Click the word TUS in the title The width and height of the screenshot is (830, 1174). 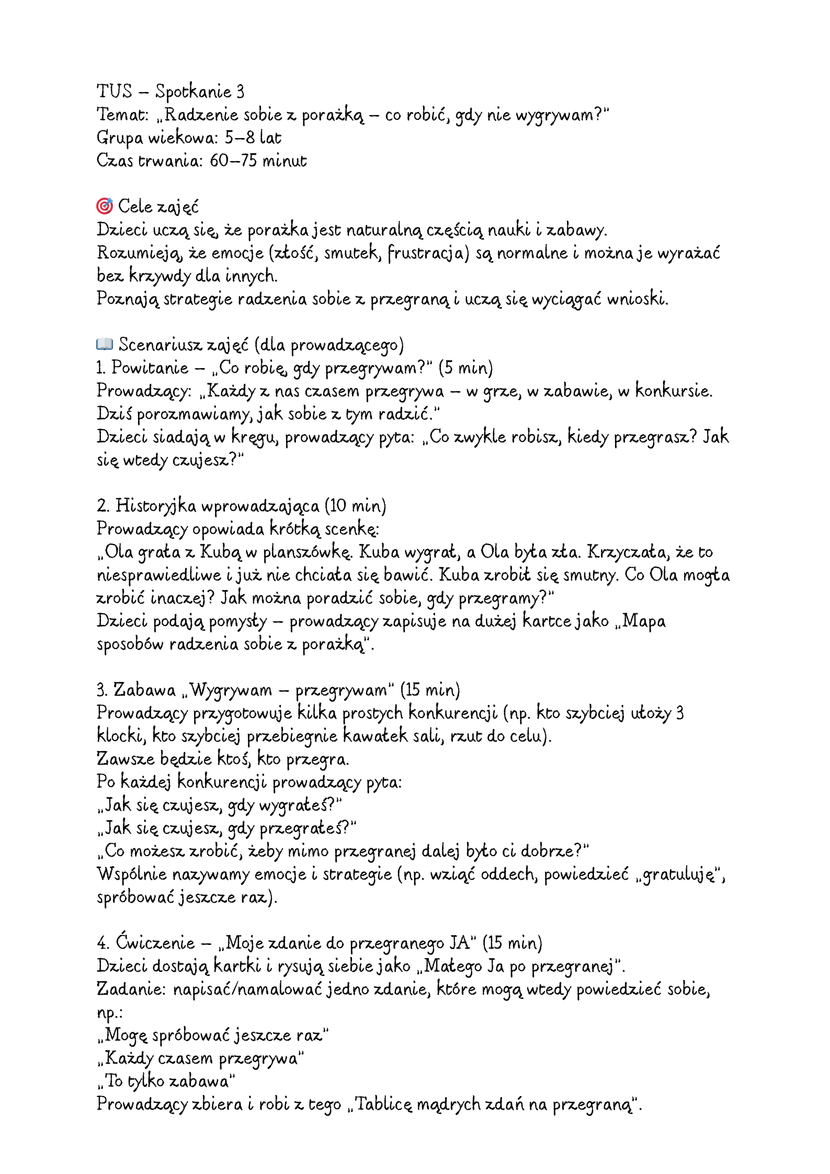click(x=115, y=92)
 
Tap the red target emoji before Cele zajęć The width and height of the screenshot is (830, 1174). click(x=105, y=207)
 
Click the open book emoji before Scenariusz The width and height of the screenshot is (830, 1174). click(x=105, y=344)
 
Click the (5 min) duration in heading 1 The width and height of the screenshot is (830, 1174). click(x=465, y=368)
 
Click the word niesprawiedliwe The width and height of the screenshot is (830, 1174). click(x=159, y=575)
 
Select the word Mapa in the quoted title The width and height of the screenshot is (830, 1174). click(x=644, y=621)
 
